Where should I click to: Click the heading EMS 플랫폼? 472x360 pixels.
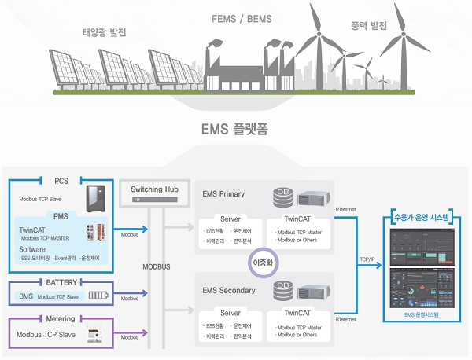(x=234, y=128)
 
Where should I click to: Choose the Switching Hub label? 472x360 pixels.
(x=153, y=189)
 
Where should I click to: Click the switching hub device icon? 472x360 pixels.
(x=153, y=200)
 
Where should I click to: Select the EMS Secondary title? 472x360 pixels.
(x=228, y=291)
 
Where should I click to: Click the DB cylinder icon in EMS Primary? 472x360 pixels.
(x=282, y=193)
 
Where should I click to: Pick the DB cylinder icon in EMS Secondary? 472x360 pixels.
(x=282, y=289)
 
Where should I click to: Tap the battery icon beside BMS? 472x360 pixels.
(x=98, y=296)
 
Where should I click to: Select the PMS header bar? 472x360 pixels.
(x=61, y=215)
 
